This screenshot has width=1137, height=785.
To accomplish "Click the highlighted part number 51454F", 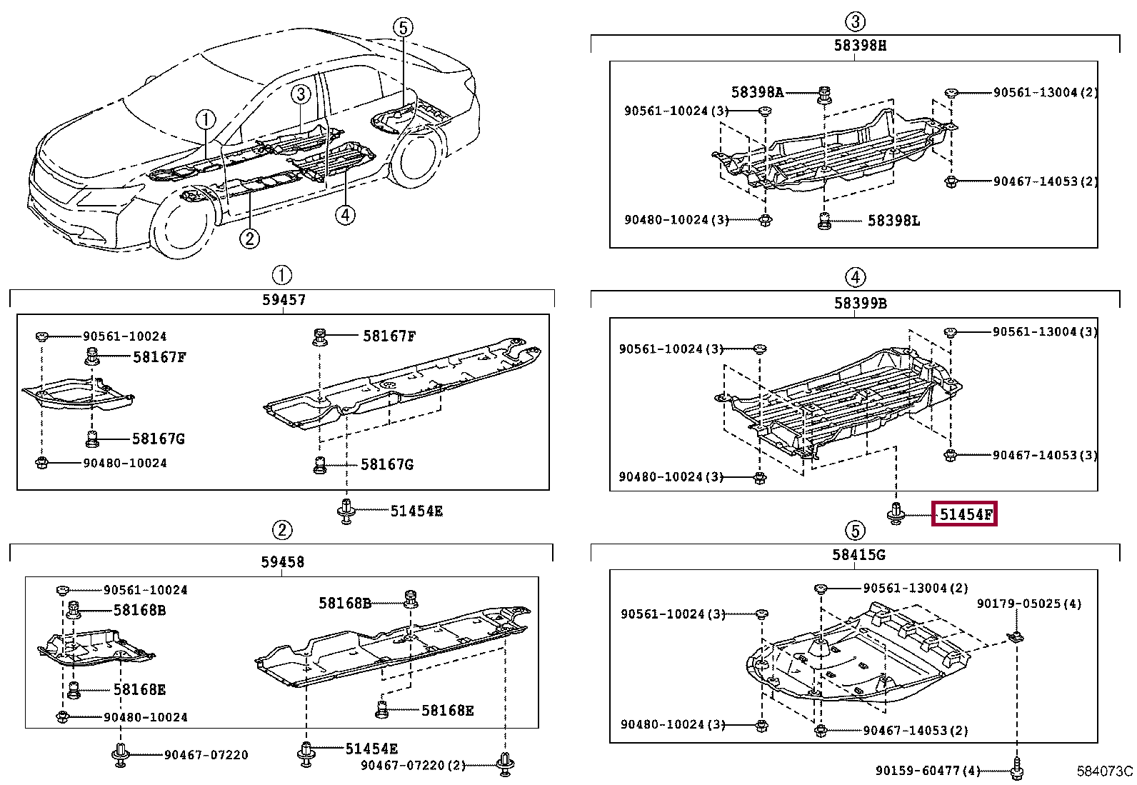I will (963, 514).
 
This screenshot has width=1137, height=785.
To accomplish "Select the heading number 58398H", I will (860, 45).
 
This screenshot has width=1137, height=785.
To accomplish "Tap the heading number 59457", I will (284, 300).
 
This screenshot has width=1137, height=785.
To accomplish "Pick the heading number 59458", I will (283, 562).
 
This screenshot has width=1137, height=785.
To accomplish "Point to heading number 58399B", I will (860, 303).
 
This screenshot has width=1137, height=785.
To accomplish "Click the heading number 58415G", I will (859, 554).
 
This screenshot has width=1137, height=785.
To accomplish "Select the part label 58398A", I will (757, 92).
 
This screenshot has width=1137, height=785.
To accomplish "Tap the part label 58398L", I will (893, 221).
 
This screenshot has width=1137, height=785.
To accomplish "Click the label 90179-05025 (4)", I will (1028, 604).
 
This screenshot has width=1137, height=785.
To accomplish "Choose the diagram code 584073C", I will (1104, 771).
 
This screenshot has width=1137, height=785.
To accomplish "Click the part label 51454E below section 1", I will (416, 511).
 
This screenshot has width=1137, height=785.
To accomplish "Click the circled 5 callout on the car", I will (403, 28).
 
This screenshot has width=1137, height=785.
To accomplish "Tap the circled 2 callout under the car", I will (249, 238).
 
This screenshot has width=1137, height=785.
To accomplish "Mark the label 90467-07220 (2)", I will (413, 765).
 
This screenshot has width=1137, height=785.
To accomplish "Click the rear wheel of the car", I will (416, 159).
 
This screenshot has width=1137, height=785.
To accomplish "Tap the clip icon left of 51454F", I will (896, 513).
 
